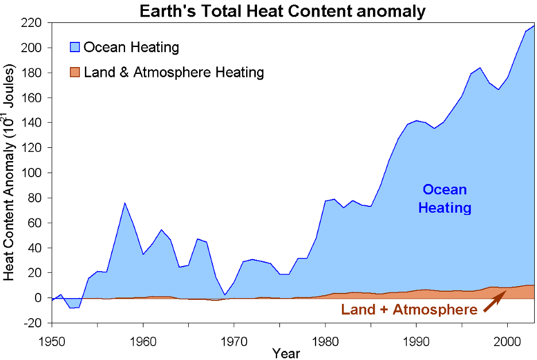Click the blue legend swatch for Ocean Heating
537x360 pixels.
tap(75, 47)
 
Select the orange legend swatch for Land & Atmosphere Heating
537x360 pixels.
tap(75, 72)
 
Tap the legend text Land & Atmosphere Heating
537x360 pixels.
tap(173, 72)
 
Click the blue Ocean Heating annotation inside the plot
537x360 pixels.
tap(445, 198)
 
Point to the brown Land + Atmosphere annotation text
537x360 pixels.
tap(409, 310)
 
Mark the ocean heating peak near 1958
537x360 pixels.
tap(125, 202)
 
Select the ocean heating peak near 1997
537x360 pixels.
tap(480, 68)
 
